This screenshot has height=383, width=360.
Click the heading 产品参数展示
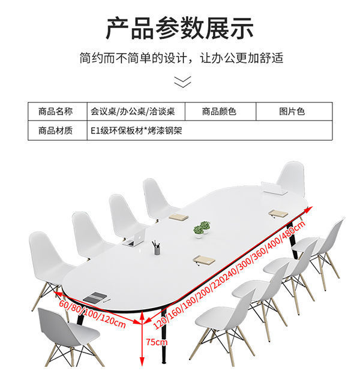tap(180, 28)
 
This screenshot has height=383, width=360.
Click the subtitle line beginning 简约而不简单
tap(180, 59)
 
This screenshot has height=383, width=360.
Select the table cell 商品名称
tap(55, 111)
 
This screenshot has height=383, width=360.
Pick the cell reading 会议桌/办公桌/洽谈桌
tap(133, 111)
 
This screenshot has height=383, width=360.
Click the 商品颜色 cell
tap(219, 111)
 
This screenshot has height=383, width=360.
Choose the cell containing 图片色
tap(292, 111)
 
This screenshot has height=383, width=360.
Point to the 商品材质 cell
tap(55, 130)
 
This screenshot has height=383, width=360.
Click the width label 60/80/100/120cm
tap(92, 314)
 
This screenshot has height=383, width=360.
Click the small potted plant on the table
tap(202, 228)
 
